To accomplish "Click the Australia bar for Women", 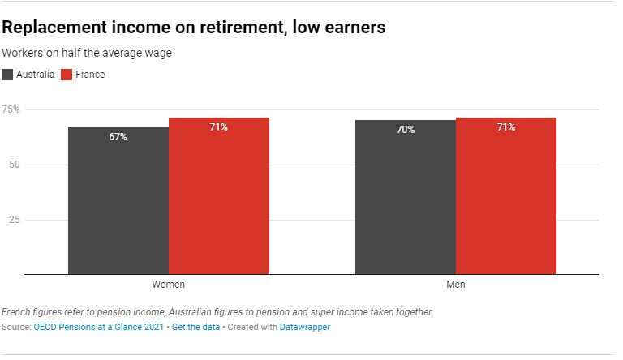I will (x=118, y=203).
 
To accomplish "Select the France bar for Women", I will (x=219, y=199).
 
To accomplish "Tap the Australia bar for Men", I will (x=406, y=199).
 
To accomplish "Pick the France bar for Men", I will (x=506, y=199).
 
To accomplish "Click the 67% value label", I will (x=118, y=137).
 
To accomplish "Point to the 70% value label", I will (x=406, y=130).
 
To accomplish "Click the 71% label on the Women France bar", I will (x=219, y=127).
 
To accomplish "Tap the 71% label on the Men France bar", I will (x=506, y=127).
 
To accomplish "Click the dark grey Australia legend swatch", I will (x=7, y=75).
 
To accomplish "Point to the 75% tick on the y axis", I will (x=11, y=109).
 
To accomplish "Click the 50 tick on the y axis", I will (x=13, y=165).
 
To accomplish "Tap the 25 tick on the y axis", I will (x=13, y=220).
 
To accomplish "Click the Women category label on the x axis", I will (x=169, y=285).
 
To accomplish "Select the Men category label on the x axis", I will (x=456, y=285).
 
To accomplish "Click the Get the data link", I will (x=195, y=328).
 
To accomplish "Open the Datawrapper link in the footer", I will (x=304, y=328).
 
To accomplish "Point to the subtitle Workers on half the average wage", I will (x=87, y=53).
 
